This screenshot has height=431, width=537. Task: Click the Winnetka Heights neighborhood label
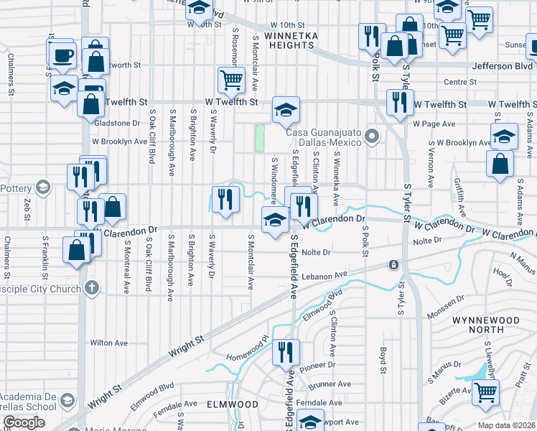tap(290, 40)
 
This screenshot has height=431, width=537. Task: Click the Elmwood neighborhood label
tap(232, 404)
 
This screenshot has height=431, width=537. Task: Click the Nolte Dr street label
tap(316, 252)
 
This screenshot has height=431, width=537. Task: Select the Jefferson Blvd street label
tap(502, 66)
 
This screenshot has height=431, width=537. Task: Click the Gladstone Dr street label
tap(117, 123)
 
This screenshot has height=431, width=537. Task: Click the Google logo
tap(23, 422)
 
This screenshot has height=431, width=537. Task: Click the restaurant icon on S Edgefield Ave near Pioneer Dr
tap(286, 352)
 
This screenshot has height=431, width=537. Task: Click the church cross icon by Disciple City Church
tap(90, 288)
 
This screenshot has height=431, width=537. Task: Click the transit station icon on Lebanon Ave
tap(393, 265)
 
